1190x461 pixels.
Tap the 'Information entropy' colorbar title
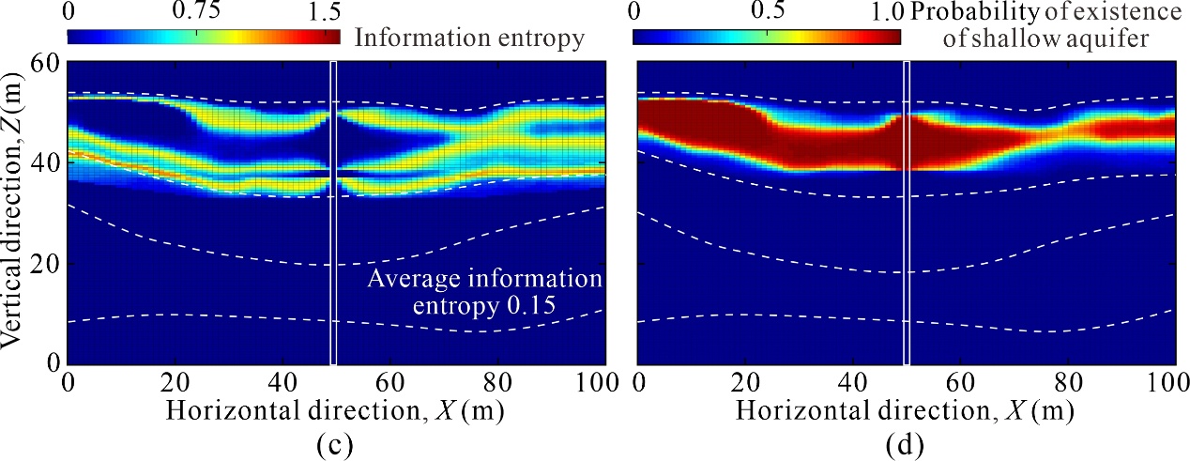click(470, 38)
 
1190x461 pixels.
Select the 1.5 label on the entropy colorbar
click(321, 12)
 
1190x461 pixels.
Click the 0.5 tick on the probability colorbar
click(767, 12)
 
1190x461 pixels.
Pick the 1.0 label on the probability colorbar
click(887, 12)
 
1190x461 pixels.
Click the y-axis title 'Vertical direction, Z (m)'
click(17, 213)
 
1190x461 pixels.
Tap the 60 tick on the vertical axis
click(47, 63)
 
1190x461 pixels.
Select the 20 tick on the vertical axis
click(47, 264)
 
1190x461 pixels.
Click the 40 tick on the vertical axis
click(47, 163)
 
